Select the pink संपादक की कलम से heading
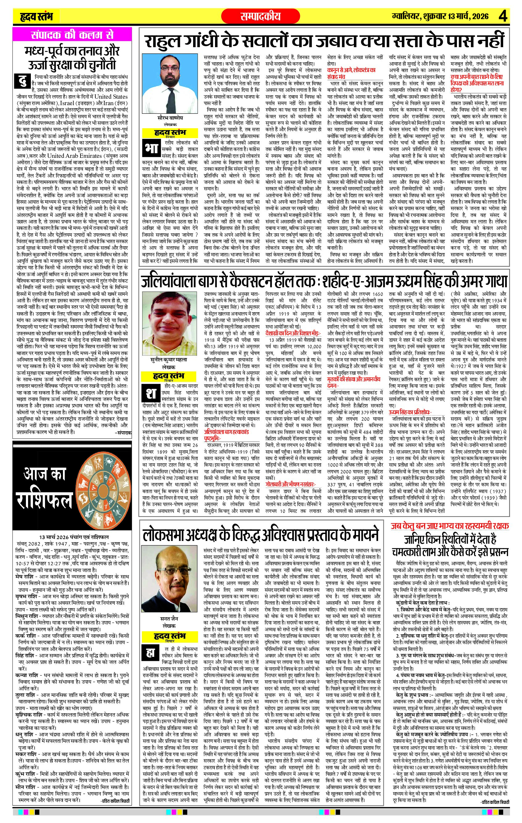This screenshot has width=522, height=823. point(72,35)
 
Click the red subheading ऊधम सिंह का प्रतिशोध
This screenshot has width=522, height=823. point(410,412)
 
